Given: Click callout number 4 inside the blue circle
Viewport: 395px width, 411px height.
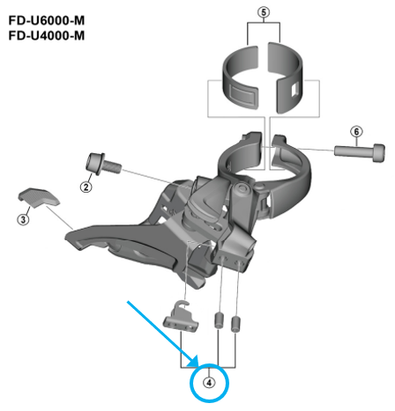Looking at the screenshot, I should click(x=209, y=382).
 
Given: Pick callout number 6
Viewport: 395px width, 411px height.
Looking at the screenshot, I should click(x=357, y=132).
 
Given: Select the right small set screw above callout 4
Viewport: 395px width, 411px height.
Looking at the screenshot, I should click(x=236, y=322).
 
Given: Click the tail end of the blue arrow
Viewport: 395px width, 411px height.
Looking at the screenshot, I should click(x=129, y=302).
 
